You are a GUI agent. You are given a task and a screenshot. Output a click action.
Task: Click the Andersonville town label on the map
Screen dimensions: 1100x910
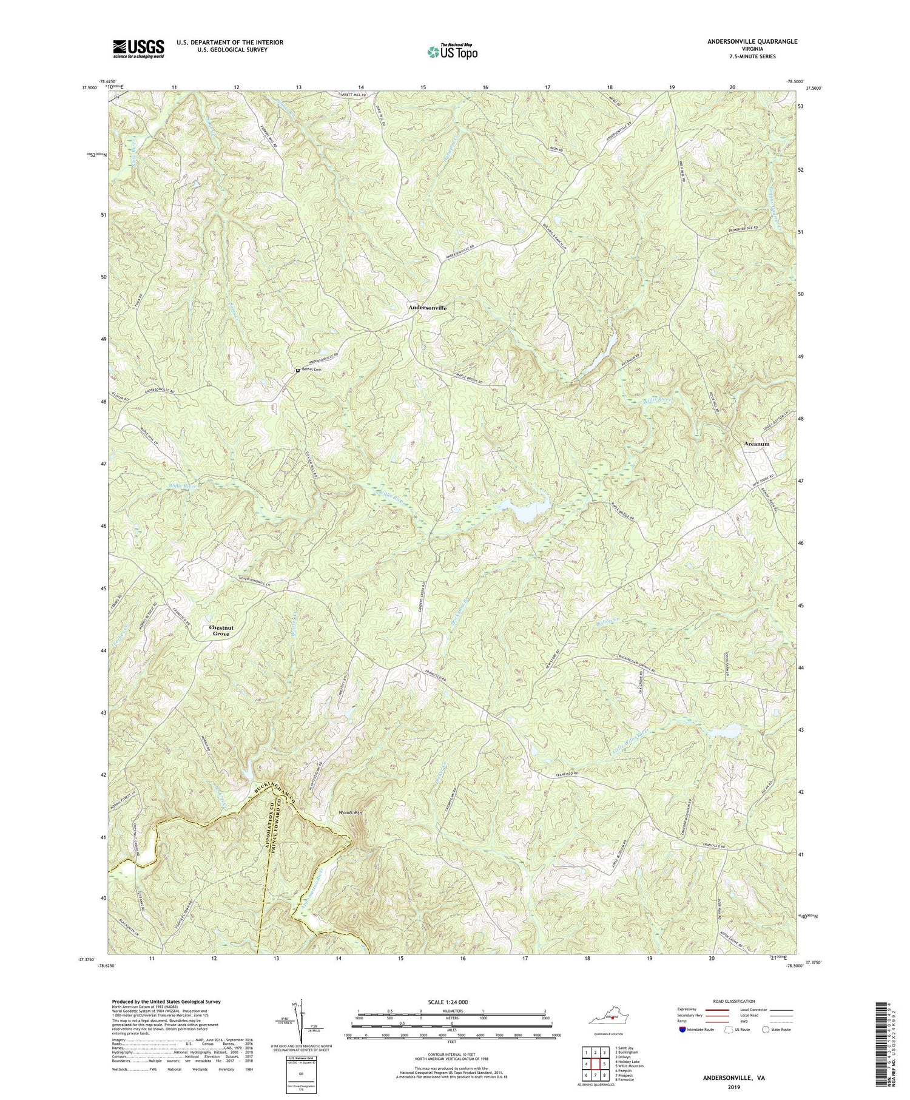point(427,308)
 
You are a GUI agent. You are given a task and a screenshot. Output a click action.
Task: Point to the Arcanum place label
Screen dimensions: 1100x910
point(757,444)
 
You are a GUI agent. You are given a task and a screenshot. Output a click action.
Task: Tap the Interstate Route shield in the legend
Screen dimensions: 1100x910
point(684,1030)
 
